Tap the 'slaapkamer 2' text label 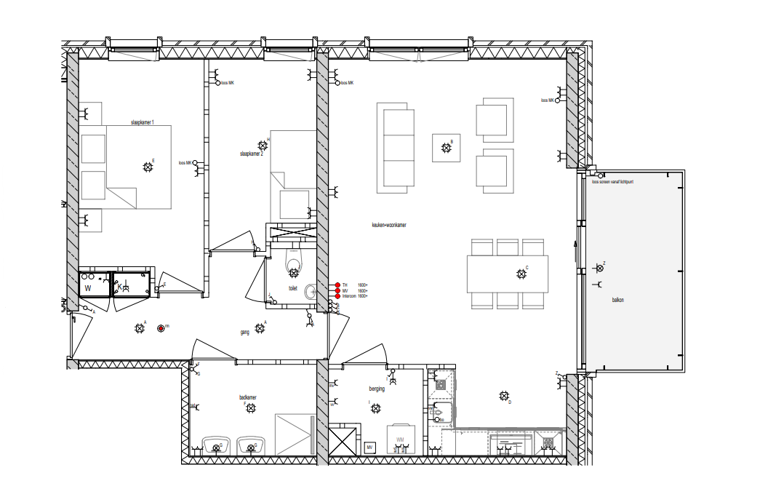coord(252,154)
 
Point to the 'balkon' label coord(617,300)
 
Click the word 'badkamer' coord(248,397)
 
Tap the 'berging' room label coord(376,389)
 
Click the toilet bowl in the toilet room coord(294,265)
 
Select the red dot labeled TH coord(337,285)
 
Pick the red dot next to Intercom coord(337,296)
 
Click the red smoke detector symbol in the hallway coord(161,329)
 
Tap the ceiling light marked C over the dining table coord(521,274)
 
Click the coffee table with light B coord(446,148)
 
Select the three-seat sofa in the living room coord(396,148)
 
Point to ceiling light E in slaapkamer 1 coord(148,167)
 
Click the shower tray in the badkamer coord(295,434)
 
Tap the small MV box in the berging coord(369,447)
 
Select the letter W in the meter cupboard coord(88,287)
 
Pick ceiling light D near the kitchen coord(503,396)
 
